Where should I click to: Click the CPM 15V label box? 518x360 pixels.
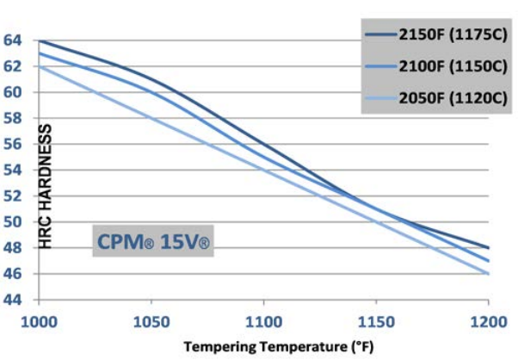[x=151, y=242]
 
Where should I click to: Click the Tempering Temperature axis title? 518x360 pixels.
[x=263, y=347]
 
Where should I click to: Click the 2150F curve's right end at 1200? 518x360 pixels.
[x=488, y=247]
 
